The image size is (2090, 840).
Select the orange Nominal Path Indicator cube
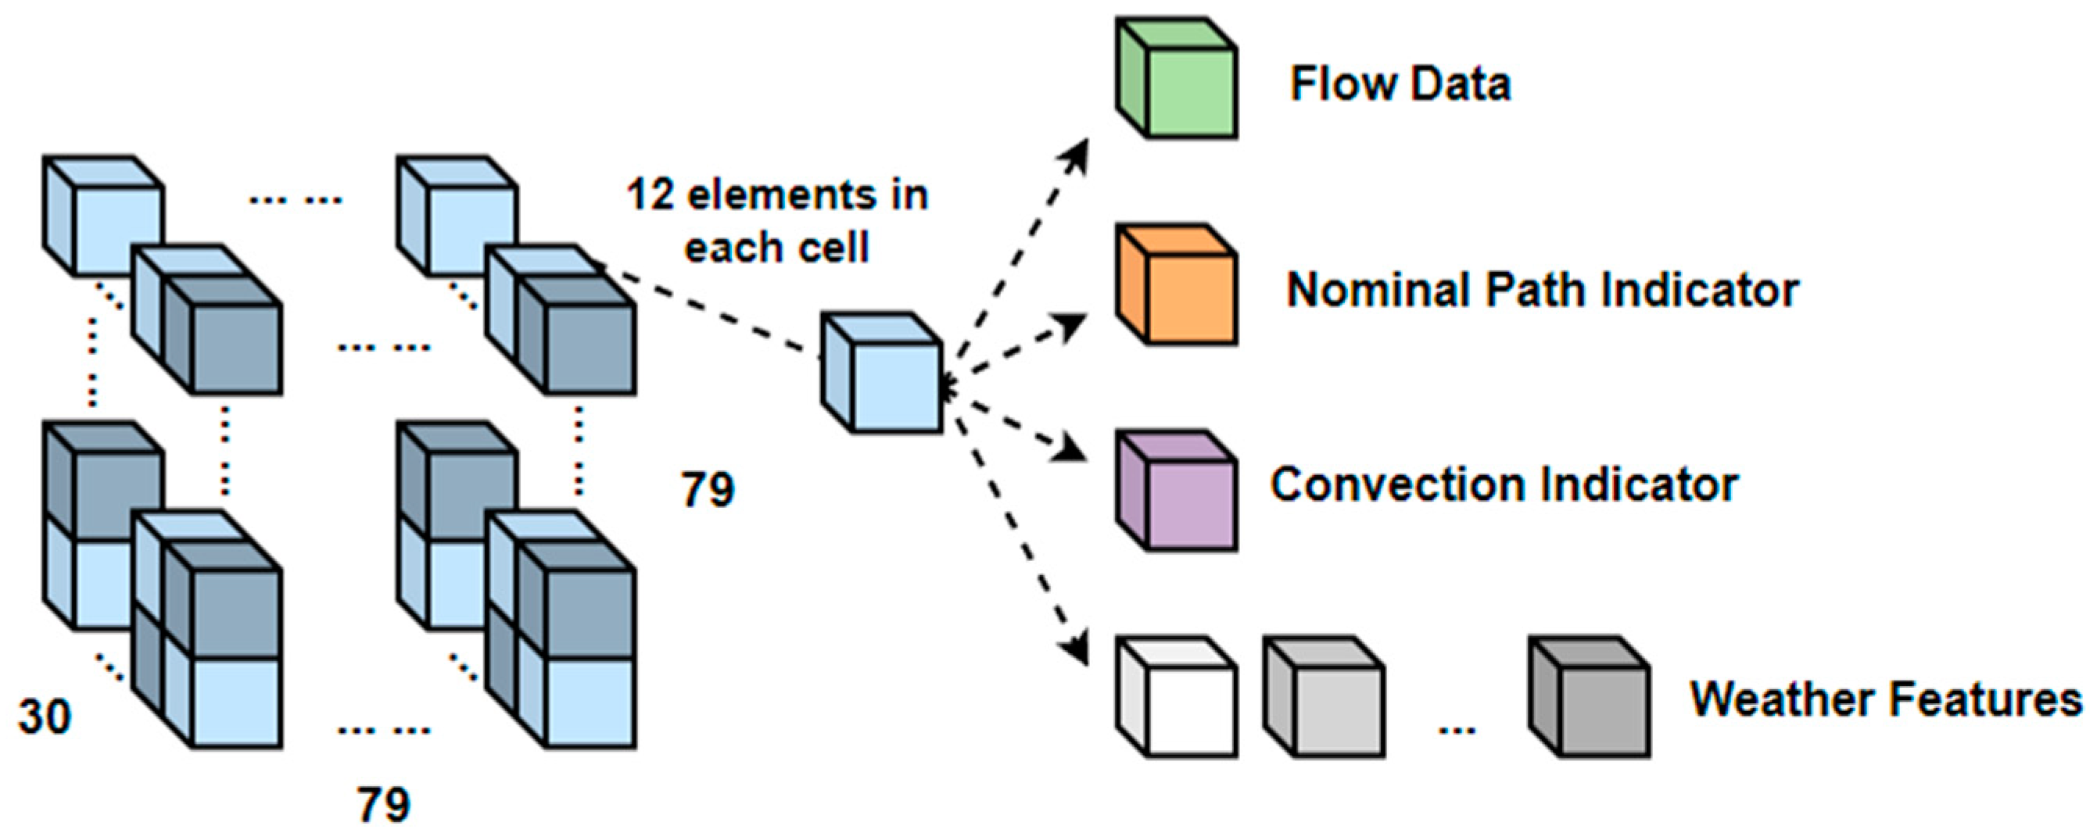point(1177,285)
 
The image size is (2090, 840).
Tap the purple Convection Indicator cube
point(1177,491)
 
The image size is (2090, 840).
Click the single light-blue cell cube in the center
point(882,373)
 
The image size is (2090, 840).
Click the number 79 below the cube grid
point(384,805)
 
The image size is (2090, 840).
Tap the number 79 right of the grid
point(708,490)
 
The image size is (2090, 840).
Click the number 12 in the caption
point(650,195)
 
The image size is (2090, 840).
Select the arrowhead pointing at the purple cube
point(1074,451)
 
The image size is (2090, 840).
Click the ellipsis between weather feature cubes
point(1457,730)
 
